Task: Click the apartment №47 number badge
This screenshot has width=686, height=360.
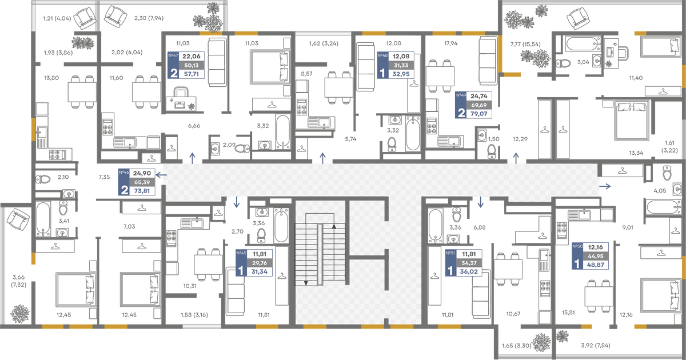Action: click(173, 56)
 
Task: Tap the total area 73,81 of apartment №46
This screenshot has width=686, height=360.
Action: click(142, 191)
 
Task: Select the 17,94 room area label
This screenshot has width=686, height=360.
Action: click(451, 43)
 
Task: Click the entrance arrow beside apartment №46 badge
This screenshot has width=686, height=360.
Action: click(161, 175)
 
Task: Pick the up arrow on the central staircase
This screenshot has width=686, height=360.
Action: click(334, 226)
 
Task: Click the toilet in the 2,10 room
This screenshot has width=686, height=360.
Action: click(43, 179)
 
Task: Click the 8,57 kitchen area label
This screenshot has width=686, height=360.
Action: click(306, 74)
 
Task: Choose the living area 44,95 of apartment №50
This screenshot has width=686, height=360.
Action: click(595, 256)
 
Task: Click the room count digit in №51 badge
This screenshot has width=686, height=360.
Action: click(450, 271)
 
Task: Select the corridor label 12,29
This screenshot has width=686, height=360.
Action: click(520, 139)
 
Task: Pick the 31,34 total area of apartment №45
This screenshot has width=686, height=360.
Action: click(260, 271)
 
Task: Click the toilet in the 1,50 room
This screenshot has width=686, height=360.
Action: click(492, 151)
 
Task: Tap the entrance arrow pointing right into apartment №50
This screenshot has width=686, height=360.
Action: click(605, 186)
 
